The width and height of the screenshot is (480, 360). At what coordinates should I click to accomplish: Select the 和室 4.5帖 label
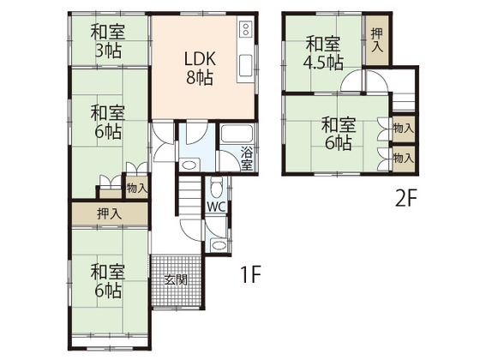(x=321, y=52)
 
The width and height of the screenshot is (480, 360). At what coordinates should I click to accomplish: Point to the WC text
(x=215, y=207)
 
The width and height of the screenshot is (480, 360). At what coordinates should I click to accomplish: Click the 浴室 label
(x=246, y=159)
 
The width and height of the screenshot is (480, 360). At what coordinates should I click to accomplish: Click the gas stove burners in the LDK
(x=246, y=33)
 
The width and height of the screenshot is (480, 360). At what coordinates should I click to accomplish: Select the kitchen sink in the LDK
(x=246, y=65)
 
